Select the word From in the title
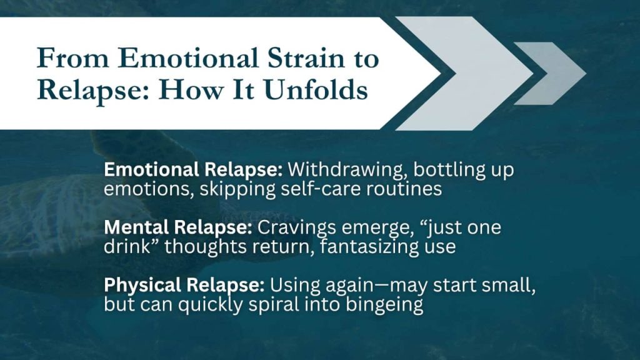pos(68,58)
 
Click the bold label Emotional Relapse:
pos(194,169)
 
